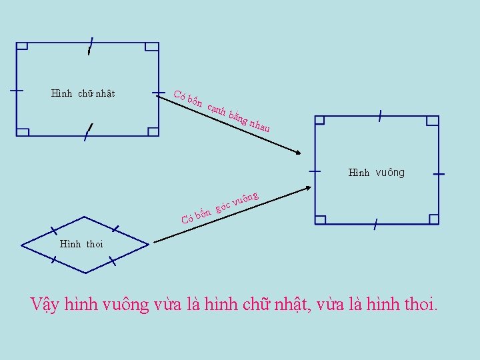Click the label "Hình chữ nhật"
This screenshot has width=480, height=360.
(x=83, y=93)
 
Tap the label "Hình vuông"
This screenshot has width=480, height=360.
(x=376, y=173)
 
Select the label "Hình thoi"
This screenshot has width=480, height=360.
(x=81, y=243)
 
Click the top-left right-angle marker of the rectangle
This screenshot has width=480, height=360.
(x=22, y=47)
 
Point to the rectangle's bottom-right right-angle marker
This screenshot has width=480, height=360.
(x=153, y=131)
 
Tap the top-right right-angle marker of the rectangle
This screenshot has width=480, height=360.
(x=152, y=47)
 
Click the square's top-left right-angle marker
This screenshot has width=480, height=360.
(x=319, y=121)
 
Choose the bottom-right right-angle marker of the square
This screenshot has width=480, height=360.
(x=433, y=219)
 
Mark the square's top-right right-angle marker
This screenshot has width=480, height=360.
(x=433, y=121)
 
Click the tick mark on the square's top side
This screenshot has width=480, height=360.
(x=379, y=117)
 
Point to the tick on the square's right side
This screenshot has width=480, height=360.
(x=439, y=173)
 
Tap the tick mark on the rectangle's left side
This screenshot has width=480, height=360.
(x=16, y=91)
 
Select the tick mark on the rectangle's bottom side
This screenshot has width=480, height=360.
(x=87, y=133)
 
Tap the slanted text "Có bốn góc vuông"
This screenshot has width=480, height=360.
(x=220, y=207)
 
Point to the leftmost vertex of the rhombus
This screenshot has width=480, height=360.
(x=22, y=245)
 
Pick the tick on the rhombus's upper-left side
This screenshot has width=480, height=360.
(x=53, y=231)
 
